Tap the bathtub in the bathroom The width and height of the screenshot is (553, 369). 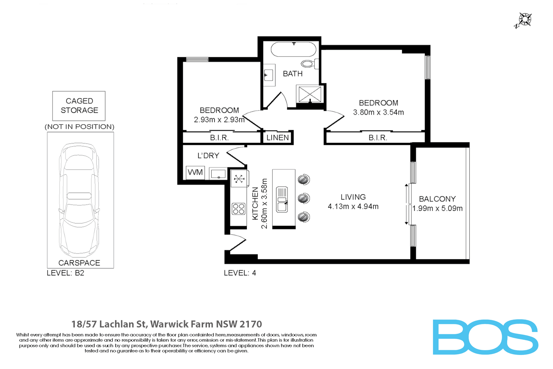294,50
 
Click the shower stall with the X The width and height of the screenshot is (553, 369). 310,94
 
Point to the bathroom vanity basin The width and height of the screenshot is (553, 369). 269,75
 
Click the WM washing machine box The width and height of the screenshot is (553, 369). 195,173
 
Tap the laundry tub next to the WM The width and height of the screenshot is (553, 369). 218,174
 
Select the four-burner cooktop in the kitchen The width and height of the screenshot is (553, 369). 238,209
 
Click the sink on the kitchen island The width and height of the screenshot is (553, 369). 282,200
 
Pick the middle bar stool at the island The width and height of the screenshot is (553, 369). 303,198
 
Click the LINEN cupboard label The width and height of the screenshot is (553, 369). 278,138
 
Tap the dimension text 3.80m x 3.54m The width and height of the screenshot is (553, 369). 378,112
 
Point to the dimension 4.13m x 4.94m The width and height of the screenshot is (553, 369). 353,206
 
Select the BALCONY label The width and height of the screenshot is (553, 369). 437,199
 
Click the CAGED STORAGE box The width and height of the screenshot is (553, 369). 79,106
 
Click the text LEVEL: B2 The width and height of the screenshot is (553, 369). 65,273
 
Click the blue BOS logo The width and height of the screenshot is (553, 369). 485,337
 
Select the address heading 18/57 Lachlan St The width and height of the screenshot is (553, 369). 167,324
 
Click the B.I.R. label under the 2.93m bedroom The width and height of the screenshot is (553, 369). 219,138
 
